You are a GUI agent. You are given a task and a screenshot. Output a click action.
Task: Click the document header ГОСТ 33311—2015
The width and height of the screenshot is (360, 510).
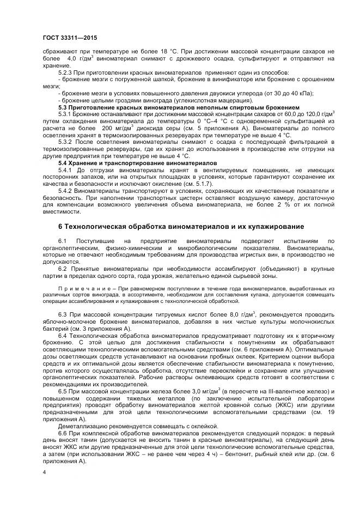65,37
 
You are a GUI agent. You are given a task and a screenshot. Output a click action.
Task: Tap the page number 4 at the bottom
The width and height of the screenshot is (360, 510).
44,472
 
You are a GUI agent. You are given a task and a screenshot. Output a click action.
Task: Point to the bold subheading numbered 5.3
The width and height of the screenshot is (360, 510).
179,107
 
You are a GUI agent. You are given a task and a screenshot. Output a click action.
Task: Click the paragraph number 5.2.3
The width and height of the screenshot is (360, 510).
66,72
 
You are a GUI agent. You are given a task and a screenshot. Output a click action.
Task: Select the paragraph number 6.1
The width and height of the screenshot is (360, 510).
62,240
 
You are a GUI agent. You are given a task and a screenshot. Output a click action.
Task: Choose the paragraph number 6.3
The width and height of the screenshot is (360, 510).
62,315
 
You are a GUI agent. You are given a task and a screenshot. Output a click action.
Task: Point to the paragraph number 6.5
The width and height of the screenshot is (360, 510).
62,391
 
